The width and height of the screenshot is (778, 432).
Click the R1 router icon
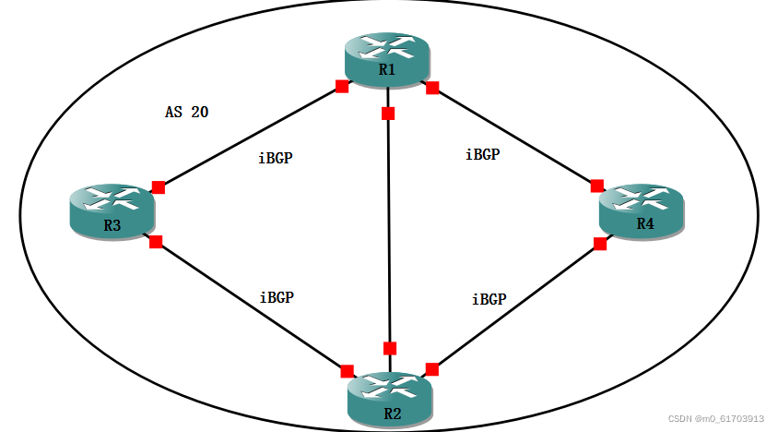click(x=388, y=60)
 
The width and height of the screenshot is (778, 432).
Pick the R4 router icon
click(x=642, y=212)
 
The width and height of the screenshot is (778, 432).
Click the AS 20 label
click(x=187, y=113)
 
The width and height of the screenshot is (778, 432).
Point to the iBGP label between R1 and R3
click(x=277, y=158)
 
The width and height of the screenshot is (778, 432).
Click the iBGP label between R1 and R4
click(x=482, y=155)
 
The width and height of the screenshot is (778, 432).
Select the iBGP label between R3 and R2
click(x=277, y=297)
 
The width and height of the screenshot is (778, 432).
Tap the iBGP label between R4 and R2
click(x=489, y=299)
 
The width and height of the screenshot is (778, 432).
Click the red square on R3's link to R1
click(x=159, y=187)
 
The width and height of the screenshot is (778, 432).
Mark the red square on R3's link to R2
click(x=156, y=242)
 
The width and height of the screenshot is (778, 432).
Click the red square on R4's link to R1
click(x=597, y=186)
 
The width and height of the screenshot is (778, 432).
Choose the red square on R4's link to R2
click(x=600, y=244)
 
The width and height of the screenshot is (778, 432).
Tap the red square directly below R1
click(x=388, y=114)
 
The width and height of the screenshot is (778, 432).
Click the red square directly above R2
click(x=390, y=348)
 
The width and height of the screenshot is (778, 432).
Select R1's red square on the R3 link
click(x=342, y=87)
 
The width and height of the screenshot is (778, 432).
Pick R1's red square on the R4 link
click(x=432, y=88)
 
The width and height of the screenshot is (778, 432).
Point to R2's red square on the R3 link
click(x=347, y=371)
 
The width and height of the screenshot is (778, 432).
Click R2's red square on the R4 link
click(x=431, y=369)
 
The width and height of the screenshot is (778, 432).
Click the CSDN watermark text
click(x=715, y=418)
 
